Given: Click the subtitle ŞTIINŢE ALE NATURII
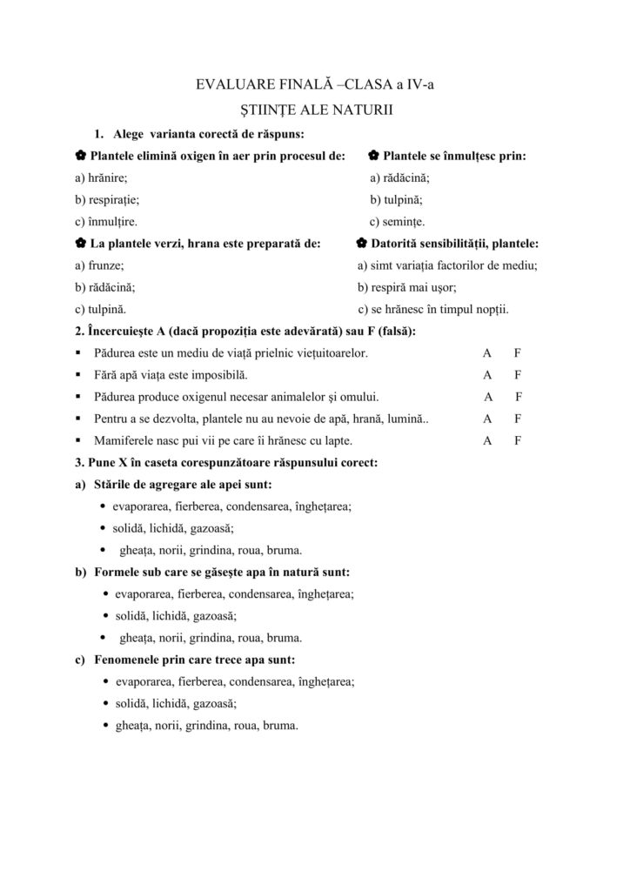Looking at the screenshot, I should [x=314, y=111].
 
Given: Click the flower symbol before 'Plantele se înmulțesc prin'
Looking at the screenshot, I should [x=372, y=156].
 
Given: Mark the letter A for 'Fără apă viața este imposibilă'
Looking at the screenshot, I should [x=488, y=375].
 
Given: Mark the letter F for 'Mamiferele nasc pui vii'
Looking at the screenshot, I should [x=518, y=440].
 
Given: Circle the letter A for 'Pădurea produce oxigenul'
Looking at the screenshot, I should [x=489, y=397].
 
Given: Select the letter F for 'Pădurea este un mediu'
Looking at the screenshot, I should [x=518, y=353].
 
